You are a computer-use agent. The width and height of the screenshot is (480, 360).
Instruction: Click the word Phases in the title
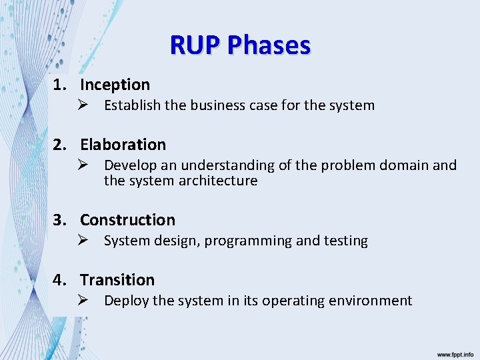(x=269, y=45)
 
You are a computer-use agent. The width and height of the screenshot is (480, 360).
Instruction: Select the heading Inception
(x=115, y=85)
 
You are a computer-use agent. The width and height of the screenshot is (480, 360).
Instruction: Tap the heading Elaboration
(x=123, y=144)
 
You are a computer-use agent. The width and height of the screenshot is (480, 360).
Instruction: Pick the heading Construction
(x=127, y=219)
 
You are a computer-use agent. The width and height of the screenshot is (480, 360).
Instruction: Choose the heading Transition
(x=117, y=279)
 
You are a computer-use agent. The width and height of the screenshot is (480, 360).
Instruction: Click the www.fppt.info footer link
(x=455, y=354)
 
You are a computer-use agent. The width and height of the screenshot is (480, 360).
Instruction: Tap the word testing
(x=345, y=241)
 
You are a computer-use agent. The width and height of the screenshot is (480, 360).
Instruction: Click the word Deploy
(x=126, y=301)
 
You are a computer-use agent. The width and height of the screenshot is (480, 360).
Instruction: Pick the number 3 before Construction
(x=59, y=219)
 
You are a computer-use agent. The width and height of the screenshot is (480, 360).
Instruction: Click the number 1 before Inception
(x=59, y=85)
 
